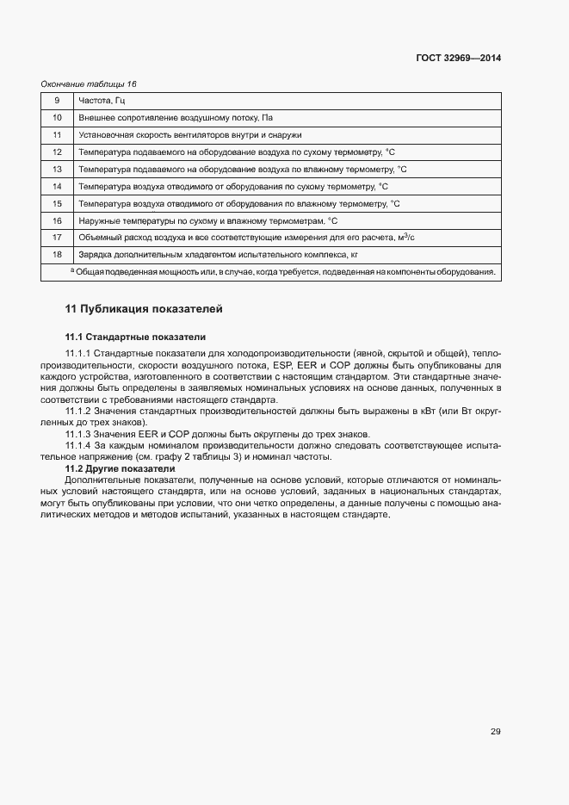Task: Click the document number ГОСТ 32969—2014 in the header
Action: pyautogui.click(x=458, y=59)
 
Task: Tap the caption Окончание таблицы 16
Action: pyautogui.click(x=90, y=84)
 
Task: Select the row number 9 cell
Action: pyautogui.click(x=57, y=101)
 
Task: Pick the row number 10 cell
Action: pyautogui.click(x=57, y=118)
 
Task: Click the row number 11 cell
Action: pyautogui.click(x=57, y=135)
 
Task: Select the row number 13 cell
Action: pyautogui.click(x=57, y=169)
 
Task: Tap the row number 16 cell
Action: pyautogui.click(x=57, y=220)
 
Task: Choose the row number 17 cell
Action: pyautogui.click(x=57, y=238)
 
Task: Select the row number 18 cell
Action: pyautogui.click(x=57, y=255)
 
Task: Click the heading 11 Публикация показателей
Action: pyautogui.click(x=145, y=308)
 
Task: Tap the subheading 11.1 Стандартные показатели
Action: pyautogui.click(x=135, y=337)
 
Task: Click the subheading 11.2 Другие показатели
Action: pyautogui.click(x=120, y=468)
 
